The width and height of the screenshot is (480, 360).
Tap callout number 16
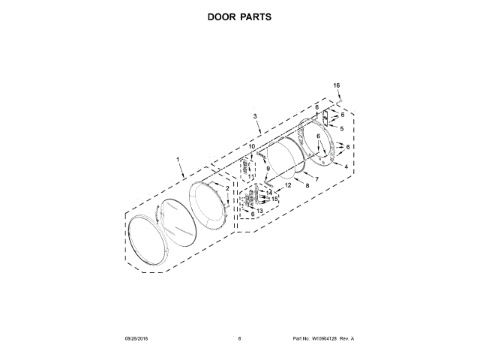click(337, 85)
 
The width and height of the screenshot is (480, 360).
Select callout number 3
click(255, 116)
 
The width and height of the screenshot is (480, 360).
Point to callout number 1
click(178, 160)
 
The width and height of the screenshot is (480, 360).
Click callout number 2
click(228, 187)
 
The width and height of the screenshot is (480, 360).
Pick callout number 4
click(346, 166)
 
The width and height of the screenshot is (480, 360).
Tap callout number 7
click(316, 179)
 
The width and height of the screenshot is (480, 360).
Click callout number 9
click(267, 169)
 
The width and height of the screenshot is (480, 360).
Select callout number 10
click(253, 145)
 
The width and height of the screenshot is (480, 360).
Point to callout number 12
click(288, 184)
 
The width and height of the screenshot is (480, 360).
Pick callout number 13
click(259, 211)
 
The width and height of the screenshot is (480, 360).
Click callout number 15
click(274, 199)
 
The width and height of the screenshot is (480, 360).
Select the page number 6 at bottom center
click(238, 339)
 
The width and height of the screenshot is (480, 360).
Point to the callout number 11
click(250, 176)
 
